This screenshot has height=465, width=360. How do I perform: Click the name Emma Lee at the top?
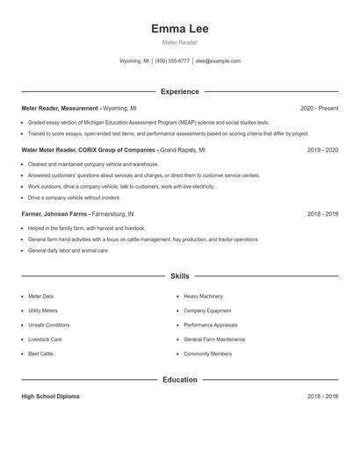(179, 29)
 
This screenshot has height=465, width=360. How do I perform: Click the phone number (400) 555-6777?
(172, 61)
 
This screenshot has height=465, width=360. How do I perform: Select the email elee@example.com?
(218, 61)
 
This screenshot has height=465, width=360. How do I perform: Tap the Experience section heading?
(179, 91)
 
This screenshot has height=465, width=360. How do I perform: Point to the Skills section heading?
(179, 275)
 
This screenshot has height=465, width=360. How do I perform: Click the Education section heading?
(179, 380)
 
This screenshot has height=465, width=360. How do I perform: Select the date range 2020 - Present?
(319, 108)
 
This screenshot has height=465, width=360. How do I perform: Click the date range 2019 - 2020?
(322, 150)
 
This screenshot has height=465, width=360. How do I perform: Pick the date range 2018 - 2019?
(322, 213)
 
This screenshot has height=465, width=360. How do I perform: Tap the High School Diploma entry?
(50, 397)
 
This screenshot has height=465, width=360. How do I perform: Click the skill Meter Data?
(40, 297)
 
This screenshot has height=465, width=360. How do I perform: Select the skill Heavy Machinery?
(204, 297)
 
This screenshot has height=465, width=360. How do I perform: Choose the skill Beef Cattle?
(40, 354)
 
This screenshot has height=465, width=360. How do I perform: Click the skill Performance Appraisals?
(211, 325)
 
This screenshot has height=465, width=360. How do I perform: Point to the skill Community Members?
(208, 354)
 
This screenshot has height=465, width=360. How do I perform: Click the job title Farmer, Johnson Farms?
(54, 213)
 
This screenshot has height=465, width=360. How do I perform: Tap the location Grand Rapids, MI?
(183, 150)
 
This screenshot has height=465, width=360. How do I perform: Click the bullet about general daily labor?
(68, 250)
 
